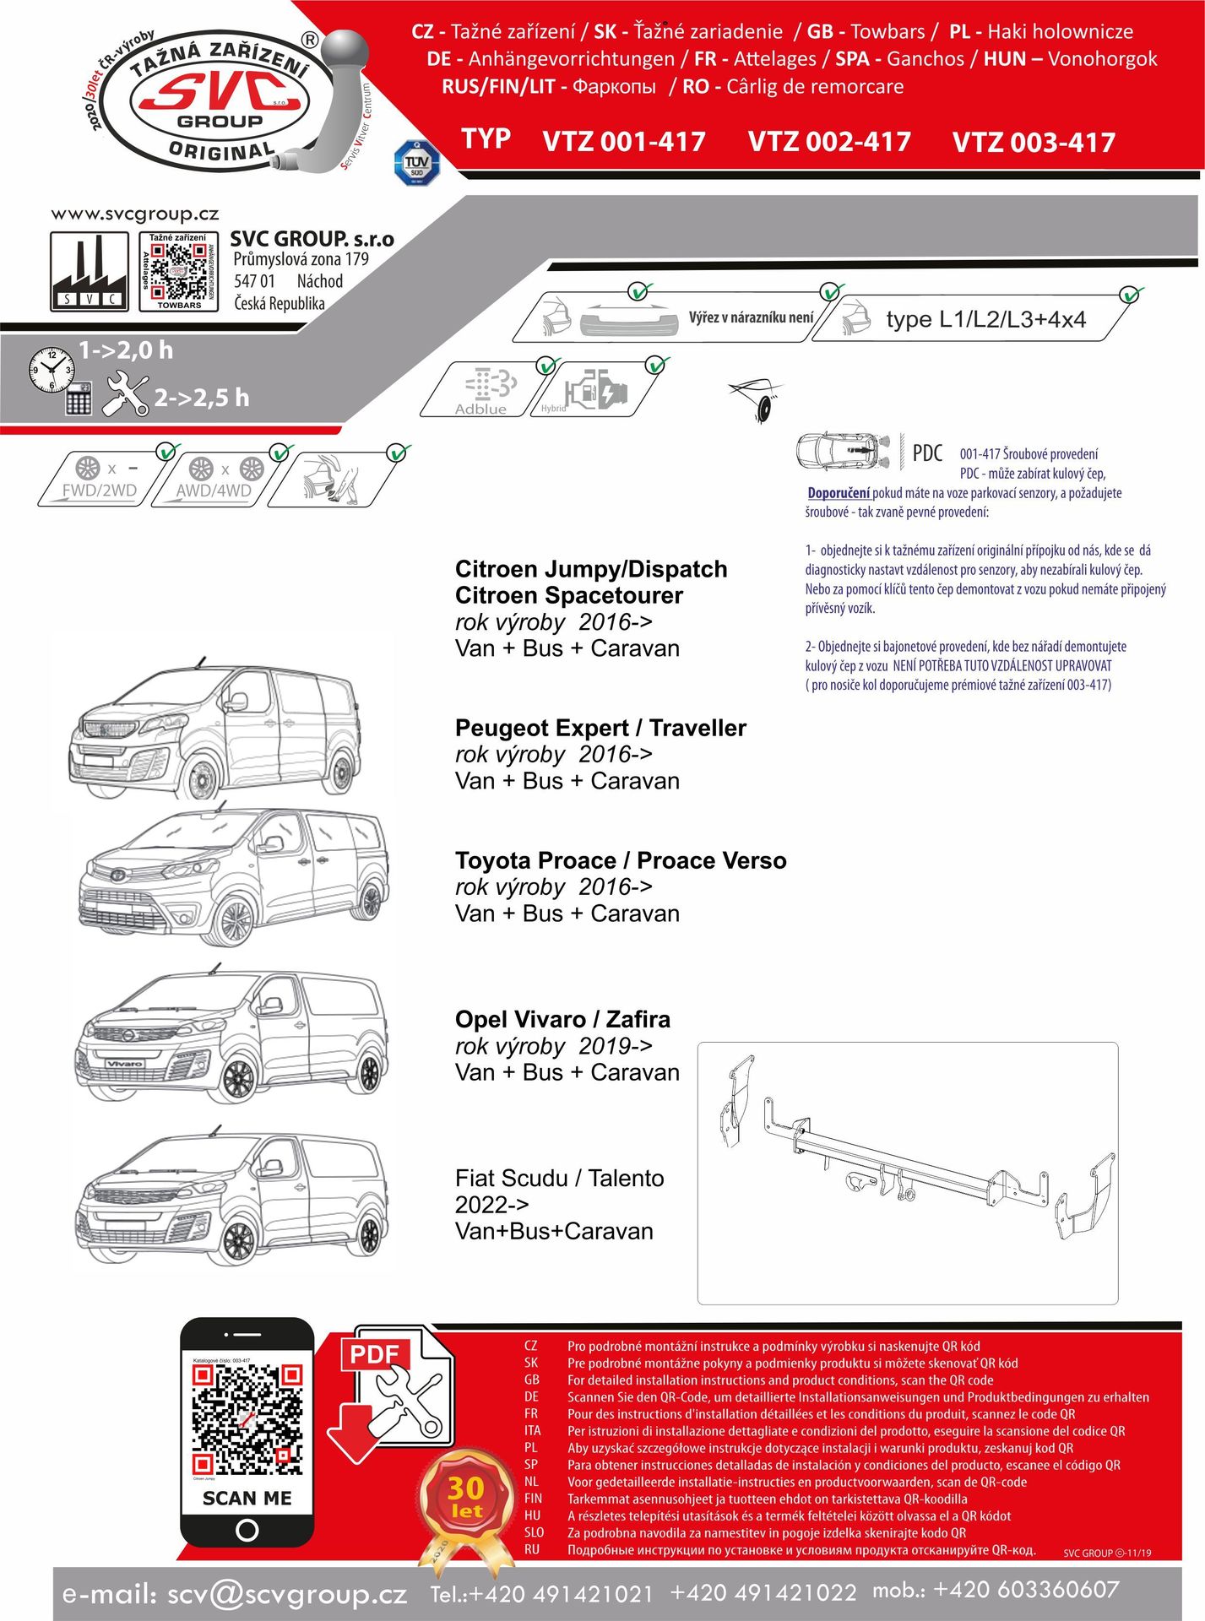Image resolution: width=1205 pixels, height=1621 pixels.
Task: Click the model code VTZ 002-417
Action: pos(828,141)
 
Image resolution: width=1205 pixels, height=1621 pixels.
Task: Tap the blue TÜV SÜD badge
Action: pos(416,163)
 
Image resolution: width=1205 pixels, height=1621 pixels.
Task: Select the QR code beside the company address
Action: pos(178,270)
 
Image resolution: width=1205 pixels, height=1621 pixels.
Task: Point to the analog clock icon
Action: pos(51,368)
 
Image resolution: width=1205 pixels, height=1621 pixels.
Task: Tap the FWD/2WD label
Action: pos(100,491)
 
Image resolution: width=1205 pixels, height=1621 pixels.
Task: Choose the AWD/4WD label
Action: pos(214,491)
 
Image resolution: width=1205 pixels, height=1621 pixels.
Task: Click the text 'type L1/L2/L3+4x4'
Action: pos(985,319)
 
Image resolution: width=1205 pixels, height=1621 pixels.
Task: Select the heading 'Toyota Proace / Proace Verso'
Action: pos(621,860)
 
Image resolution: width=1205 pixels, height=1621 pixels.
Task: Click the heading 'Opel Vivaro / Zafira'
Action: pos(562,1019)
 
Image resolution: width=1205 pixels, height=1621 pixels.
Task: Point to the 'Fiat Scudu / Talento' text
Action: pos(559,1178)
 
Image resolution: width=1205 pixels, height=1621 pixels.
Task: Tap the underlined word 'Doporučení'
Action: pos(839,493)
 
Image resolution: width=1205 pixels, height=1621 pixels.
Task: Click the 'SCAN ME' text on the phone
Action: pos(247,1498)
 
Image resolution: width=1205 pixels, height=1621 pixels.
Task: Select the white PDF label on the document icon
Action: pos(374,1355)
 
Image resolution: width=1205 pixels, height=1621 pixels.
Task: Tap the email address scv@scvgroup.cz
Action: pos(287,1594)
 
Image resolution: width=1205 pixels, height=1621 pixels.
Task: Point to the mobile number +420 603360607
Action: pos(1026,1590)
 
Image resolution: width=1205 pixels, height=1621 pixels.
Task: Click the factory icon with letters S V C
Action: pos(89,272)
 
